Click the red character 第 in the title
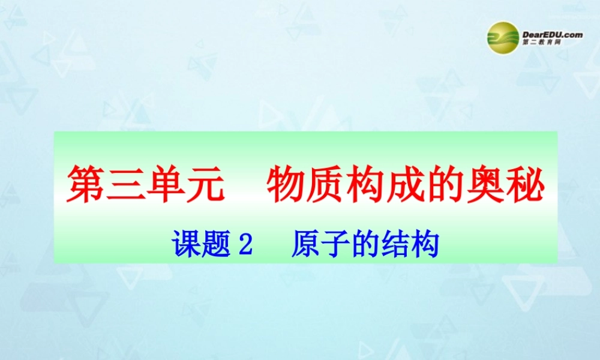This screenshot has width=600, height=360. tap(86, 184)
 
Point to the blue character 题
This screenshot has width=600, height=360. tap(217, 245)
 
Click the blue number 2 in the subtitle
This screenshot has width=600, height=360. tap(245, 245)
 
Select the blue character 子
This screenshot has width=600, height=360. tap(337, 245)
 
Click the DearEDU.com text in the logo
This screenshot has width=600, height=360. tap(553, 35)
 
